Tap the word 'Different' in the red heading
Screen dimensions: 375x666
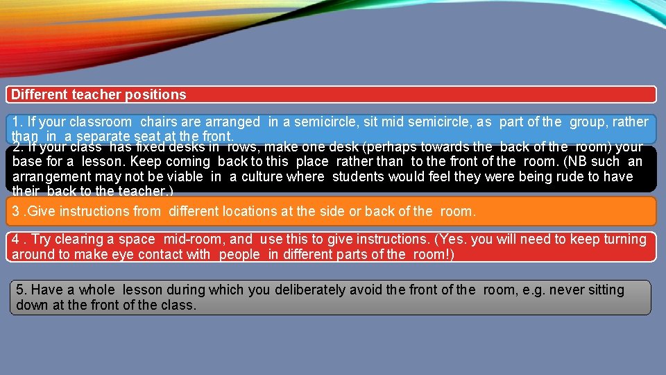[38, 94]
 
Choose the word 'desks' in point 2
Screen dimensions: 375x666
[184, 147]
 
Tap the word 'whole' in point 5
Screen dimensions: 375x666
[96, 290]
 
